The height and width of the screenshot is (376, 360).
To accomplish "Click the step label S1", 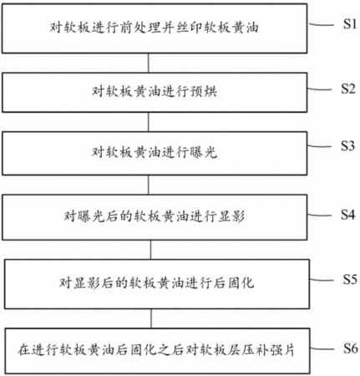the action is pyautogui.click(x=350, y=24).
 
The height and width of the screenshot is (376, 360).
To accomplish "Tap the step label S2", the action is pyautogui.click(x=348, y=89).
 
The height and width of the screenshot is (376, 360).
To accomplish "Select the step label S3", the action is pyautogui.click(x=348, y=145).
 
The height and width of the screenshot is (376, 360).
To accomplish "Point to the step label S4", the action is pyautogui.click(x=348, y=215).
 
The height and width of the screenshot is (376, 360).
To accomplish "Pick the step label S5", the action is pyautogui.click(x=350, y=279).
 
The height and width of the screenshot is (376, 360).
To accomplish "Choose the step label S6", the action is pyautogui.click(x=351, y=348).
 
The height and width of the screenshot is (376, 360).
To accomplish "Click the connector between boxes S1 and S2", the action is pyautogui.click(x=148, y=63).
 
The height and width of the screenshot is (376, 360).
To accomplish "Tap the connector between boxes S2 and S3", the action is pyautogui.click(x=148, y=122).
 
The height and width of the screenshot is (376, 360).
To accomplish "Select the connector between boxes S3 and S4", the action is pyautogui.click(x=148, y=185).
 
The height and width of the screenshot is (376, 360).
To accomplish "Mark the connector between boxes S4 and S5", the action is pyautogui.click(x=150, y=250).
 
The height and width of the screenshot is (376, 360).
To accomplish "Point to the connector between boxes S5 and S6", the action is pyautogui.click(x=151, y=318).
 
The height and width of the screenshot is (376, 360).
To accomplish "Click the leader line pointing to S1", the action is pyautogui.click(x=321, y=25).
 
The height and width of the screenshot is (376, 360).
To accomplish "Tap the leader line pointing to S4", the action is pyautogui.click(x=320, y=215).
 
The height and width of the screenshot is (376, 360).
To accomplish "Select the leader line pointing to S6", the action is pyautogui.click(x=322, y=349).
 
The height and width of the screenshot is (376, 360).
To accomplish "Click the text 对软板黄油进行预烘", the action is pyautogui.click(x=155, y=91).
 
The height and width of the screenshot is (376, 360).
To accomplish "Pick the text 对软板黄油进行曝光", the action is pyautogui.click(x=155, y=152).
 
